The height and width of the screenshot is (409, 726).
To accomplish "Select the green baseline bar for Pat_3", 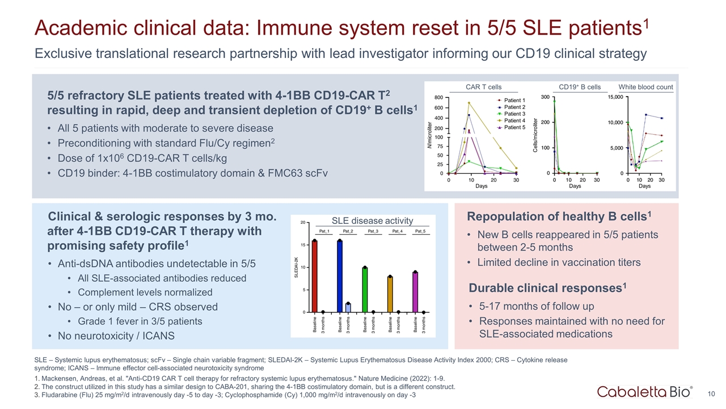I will coord(365,289).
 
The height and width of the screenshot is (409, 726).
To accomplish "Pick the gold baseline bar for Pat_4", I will coord(390,294).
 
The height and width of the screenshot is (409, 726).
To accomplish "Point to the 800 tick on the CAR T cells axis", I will coord(439,97).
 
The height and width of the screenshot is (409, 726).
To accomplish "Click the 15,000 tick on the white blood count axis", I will coord(615,97).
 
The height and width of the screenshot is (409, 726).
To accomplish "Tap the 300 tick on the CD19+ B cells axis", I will coord(545,97).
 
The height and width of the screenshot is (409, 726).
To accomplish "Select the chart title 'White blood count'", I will coord(645,87).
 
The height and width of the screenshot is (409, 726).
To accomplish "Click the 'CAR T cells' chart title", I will coord(483,87).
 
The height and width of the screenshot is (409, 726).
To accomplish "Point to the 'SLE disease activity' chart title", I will coord(372,220).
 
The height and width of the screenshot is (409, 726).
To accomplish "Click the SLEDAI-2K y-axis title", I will coord(296,267).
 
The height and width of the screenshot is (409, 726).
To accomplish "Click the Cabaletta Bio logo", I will coord(644,391).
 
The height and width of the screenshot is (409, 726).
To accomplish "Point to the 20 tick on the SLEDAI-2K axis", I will coord(303,223).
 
